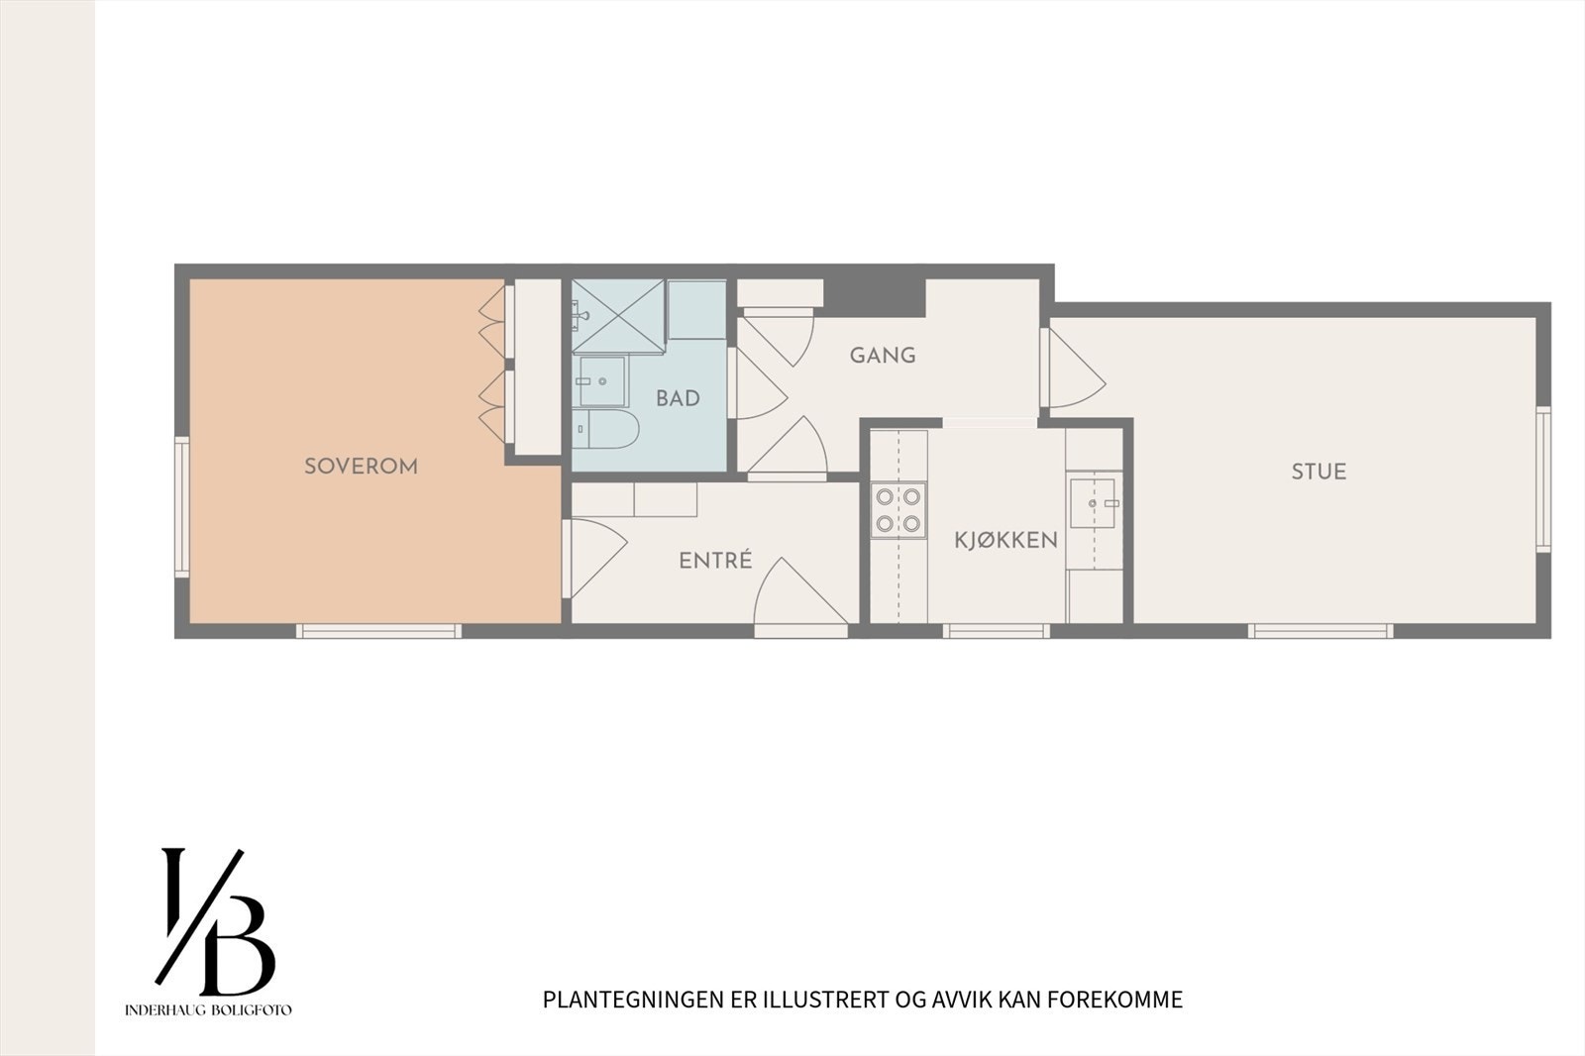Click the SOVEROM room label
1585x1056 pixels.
[x=361, y=466]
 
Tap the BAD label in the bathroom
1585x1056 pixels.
[x=678, y=398]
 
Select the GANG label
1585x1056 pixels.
[x=883, y=355]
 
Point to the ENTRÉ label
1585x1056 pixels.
[x=715, y=561]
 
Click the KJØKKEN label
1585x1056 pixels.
[x=1005, y=540]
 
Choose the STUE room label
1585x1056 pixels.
[x=1319, y=472]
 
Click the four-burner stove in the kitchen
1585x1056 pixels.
[x=898, y=510]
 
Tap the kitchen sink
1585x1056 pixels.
[x=1095, y=503]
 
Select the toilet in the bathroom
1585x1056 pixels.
[x=606, y=429]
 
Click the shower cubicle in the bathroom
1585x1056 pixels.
[x=618, y=316]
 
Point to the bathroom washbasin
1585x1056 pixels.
[x=601, y=380]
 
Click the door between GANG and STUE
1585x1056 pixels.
[x=1072, y=369]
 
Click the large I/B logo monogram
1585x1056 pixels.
[x=215, y=921]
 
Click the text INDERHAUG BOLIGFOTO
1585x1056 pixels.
[x=208, y=1010]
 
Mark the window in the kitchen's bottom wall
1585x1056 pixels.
[x=995, y=631]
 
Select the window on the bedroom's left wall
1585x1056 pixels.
[x=182, y=507]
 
